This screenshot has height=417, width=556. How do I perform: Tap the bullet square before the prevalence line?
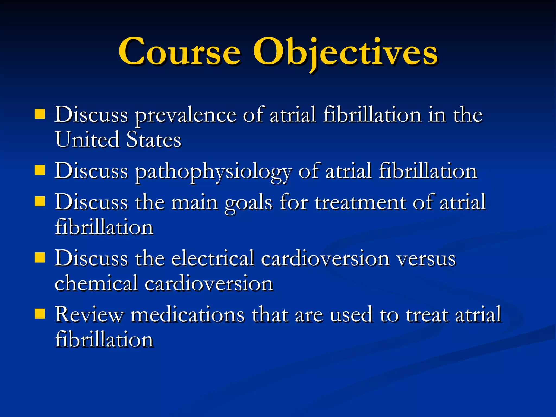click(40, 114)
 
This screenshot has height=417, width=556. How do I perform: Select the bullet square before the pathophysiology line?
click(40, 171)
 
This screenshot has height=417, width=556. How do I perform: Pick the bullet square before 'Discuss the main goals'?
click(40, 202)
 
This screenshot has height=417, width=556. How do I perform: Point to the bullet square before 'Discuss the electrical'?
click(40, 258)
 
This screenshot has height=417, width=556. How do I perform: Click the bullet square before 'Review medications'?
click(40, 314)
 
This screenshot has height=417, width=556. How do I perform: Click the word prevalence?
click(186, 115)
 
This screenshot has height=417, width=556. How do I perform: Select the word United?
click(87, 140)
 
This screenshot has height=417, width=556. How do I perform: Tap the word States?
click(154, 140)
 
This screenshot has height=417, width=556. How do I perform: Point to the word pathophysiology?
click(213, 172)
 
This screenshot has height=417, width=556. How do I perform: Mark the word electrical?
click(213, 258)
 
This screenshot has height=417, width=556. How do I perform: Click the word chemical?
click(96, 283)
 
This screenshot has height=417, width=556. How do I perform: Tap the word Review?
click(89, 315)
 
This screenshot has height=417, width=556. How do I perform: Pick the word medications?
click(188, 315)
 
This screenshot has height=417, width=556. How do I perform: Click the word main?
click(194, 203)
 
